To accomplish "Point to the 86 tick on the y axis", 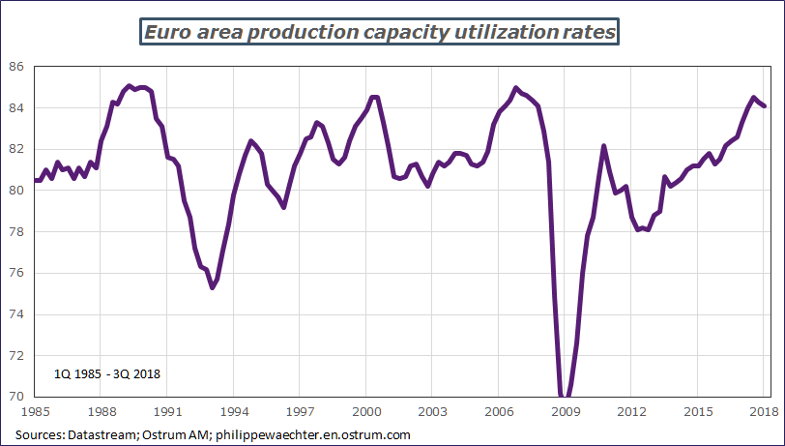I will (x=17, y=67).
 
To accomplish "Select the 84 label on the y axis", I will (x=17, y=108).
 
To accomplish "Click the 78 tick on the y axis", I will (x=17, y=232).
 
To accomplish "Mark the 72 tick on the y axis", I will (x=17, y=356).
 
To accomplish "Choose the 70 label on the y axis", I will (x=17, y=397).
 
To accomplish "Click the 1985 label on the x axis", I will (x=35, y=411).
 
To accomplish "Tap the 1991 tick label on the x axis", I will (x=167, y=411).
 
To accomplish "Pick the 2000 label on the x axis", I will (x=365, y=411).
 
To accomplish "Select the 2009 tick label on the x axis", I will (x=565, y=411).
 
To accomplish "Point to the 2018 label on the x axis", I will (x=763, y=411).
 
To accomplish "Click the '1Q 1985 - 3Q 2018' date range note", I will (x=106, y=372).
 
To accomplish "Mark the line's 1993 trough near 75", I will (x=212, y=287).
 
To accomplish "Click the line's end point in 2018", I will (x=765, y=106).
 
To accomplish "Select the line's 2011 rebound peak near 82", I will (x=604, y=146).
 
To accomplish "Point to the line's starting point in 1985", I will (x=36, y=180).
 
